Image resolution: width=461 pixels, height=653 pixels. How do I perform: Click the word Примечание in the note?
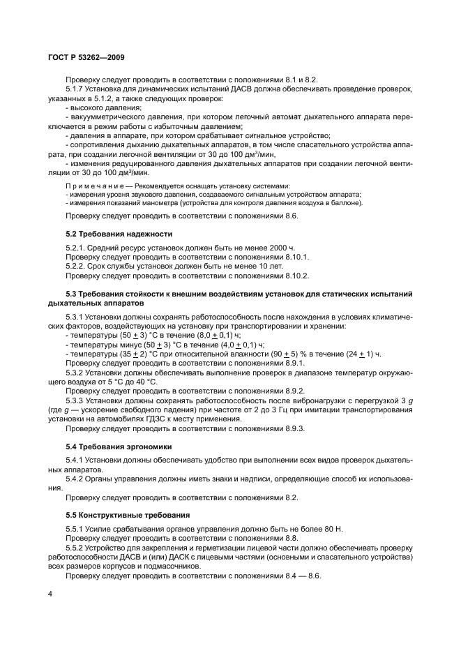pos(94,186)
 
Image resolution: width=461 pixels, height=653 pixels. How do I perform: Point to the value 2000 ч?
pos(273,248)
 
